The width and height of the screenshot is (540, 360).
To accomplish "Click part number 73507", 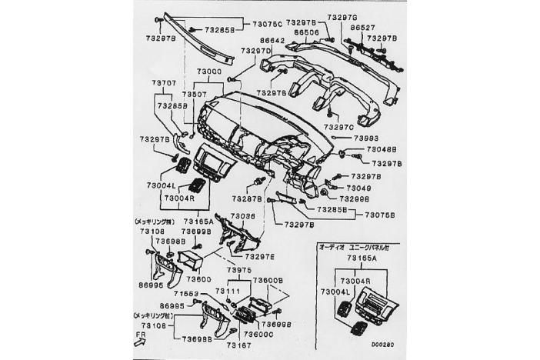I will coord(195,94).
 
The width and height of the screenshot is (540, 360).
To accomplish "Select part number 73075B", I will coord(381,215).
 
